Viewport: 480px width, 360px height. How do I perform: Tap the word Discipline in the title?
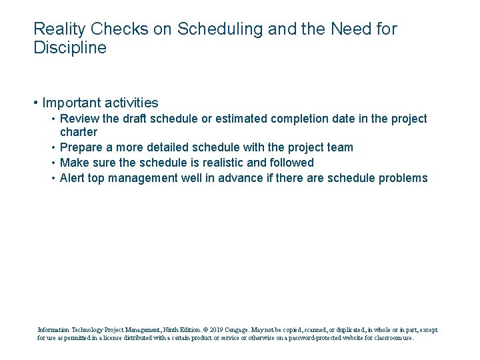69,48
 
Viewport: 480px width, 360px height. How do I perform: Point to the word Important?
70,103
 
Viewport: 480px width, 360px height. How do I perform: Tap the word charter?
79,132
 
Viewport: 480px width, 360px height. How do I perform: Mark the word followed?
289,163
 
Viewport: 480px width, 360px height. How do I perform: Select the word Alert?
73,178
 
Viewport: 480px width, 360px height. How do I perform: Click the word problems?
403,178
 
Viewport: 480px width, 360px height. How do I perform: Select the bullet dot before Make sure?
53,163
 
